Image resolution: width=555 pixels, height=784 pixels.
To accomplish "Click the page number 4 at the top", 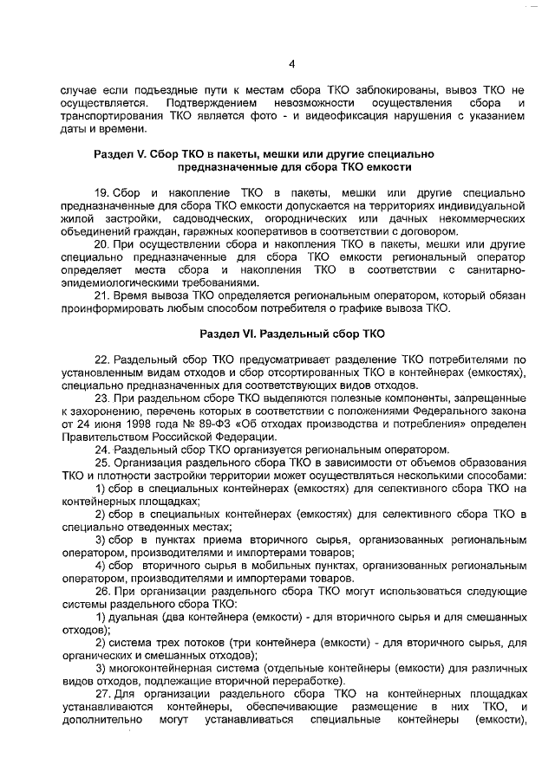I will tap(291, 62).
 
